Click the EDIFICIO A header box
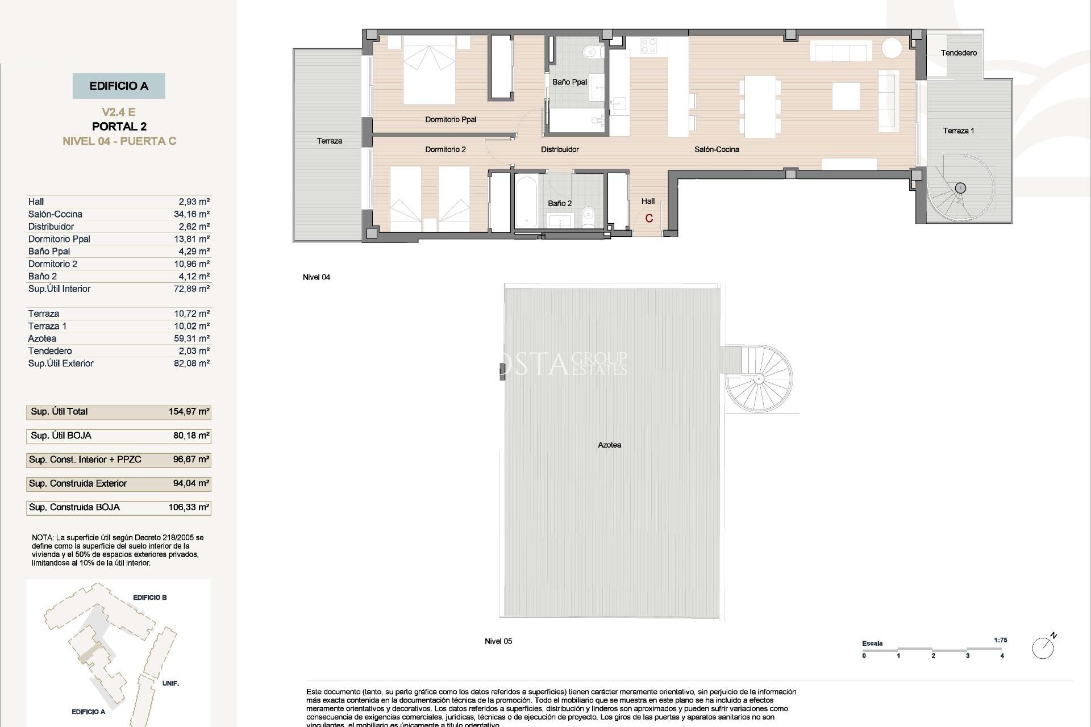pos(119,86)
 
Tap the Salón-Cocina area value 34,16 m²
pos(191,214)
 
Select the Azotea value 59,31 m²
pos(191,339)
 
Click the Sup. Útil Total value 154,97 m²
pos(189,412)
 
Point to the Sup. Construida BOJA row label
pos(74,507)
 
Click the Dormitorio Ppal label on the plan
pos(451,119)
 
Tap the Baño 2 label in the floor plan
pos(560,203)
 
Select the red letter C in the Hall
pos(649,219)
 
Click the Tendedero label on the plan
pos(959,53)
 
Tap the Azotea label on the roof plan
pos(609,445)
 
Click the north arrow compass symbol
pos(1043,647)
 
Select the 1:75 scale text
pos(1000,640)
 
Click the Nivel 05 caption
pos(498,641)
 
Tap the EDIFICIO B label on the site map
pos(149,598)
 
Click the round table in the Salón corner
pos(892,48)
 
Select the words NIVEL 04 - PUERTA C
pos(119,141)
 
